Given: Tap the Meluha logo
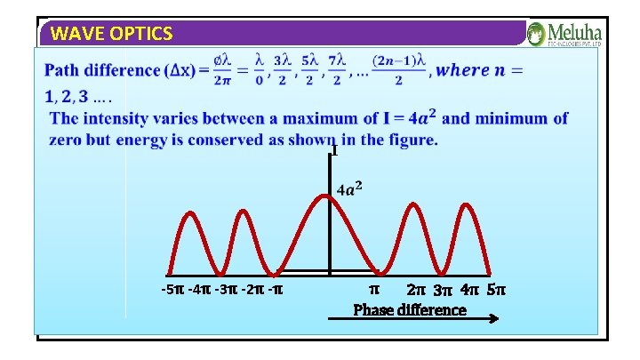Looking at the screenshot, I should point(564,34).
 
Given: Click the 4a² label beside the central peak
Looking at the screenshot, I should point(349,188).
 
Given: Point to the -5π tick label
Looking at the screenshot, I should point(174,290).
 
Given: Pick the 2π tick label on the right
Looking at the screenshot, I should point(416,290).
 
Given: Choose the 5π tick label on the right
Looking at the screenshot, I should point(497,290).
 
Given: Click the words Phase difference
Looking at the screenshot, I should point(410,309).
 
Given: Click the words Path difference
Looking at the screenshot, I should point(105,69).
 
